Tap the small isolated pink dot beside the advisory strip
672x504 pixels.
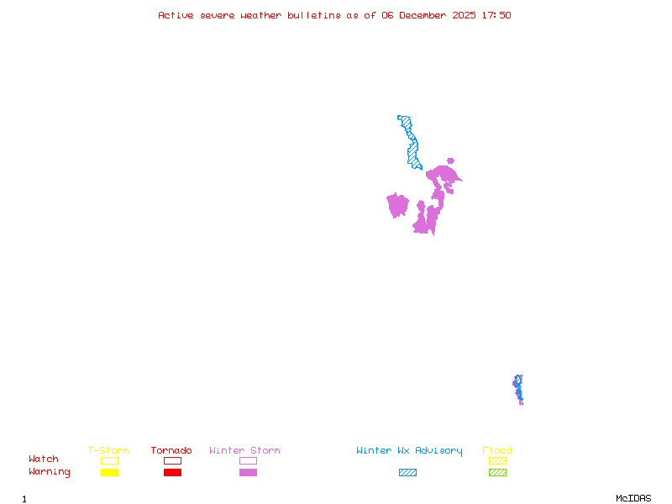(450, 160)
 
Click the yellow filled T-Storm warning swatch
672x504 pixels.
(109, 473)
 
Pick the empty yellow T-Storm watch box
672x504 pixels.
(109, 460)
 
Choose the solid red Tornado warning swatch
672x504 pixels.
(172, 473)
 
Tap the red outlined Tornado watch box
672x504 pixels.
(172, 460)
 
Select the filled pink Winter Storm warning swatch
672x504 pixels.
(248, 473)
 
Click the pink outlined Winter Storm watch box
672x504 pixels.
(248, 460)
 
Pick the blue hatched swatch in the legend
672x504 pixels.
(407, 473)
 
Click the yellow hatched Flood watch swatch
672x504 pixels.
(497, 460)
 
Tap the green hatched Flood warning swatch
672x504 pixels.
(497, 473)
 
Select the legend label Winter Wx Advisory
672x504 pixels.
(409, 451)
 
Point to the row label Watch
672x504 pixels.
(44, 459)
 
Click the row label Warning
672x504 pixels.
(50, 472)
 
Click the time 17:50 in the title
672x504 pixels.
(497, 15)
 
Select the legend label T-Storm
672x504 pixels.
(108, 451)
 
